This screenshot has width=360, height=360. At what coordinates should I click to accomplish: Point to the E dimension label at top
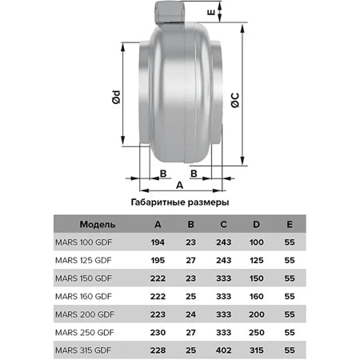pos(234,14)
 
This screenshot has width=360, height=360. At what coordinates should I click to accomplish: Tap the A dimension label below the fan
pos(179,185)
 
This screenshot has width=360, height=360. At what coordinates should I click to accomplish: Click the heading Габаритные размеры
pos(178,202)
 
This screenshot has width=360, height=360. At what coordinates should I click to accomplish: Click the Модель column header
pos(98,224)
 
